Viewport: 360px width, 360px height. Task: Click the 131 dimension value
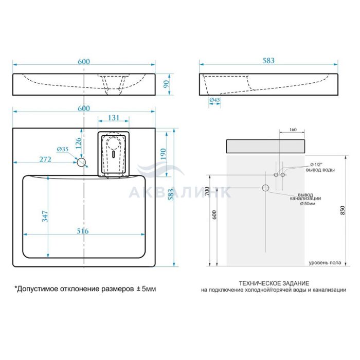point(114,118)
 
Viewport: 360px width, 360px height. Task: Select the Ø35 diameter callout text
point(63,149)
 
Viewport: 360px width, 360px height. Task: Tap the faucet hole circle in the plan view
point(81,162)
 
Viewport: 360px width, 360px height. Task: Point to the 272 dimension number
point(45,159)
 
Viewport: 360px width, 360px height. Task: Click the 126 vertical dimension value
point(79,143)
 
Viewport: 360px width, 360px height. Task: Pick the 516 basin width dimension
point(82,231)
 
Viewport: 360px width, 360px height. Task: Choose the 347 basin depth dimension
point(45,216)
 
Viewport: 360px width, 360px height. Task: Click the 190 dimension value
point(163,154)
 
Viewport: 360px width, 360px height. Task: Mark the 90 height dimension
point(166,84)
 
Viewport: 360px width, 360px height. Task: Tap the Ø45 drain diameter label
point(214,100)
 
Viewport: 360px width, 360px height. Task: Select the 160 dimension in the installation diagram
point(293,130)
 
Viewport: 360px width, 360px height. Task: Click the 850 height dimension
point(343,210)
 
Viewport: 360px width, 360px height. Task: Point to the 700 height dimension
point(207,191)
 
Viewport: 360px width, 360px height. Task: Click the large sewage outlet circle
point(265,188)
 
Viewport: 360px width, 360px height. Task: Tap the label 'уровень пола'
point(325,263)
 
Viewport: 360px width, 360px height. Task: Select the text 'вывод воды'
point(320,170)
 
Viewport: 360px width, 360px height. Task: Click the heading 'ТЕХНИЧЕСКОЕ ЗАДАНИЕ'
point(274,283)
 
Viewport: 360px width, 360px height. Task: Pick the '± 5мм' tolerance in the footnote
point(147,289)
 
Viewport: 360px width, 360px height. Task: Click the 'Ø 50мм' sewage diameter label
point(308,204)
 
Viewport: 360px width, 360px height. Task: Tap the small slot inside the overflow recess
point(113,154)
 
